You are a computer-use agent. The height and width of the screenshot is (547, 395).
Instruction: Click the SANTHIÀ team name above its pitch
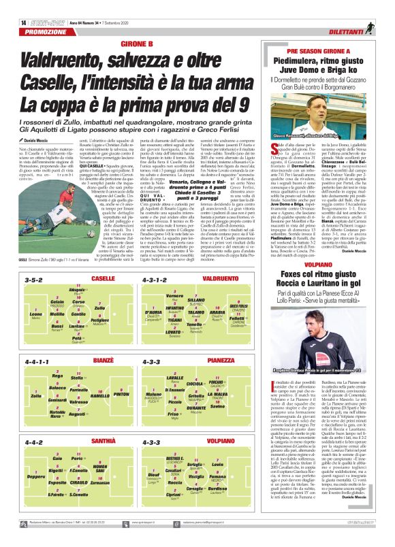click(103, 441)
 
